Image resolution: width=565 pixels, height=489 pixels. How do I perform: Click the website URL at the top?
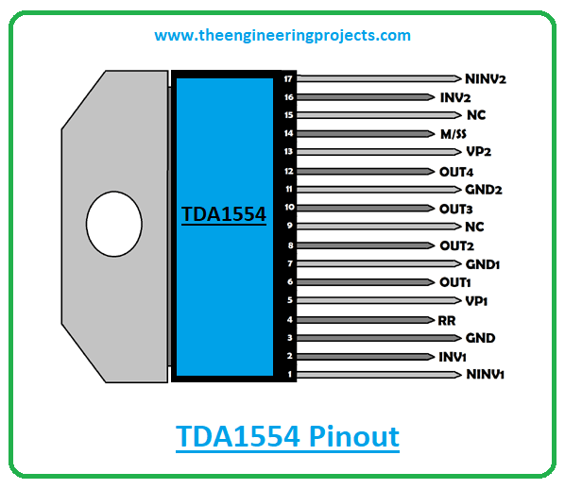click(x=282, y=36)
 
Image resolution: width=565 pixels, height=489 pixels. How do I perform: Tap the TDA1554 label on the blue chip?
click(x=224, y=214)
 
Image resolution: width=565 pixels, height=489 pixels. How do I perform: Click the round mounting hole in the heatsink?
click(x=114, y=224)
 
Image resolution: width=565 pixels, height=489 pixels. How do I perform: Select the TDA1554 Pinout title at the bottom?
click(x=287, y=436)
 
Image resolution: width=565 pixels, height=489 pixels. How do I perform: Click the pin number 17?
click(x=288, y=79)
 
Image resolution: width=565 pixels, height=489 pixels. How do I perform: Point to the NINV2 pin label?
click(x=486, y=79)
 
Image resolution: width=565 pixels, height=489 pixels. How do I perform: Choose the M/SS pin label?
click(x=454, y=134)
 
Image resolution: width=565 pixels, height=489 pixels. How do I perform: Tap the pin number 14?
click(x=288, y=133)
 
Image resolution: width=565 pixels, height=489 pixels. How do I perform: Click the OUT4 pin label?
click(x=456, y=172)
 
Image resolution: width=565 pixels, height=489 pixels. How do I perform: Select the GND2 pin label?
click(x=483, y=190)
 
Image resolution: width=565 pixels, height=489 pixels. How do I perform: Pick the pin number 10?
click(x=289, y=207)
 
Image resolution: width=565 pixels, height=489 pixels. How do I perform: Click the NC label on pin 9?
click(x=474, y=227)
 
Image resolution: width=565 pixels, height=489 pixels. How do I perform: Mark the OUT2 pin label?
click(x=456, y=246)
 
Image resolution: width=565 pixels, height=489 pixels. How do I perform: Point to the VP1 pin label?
click(x=476, y=301)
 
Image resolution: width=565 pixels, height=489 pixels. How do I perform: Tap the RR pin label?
click(x=447, y=320)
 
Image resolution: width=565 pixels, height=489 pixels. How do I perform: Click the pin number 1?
click(x=290, y=374)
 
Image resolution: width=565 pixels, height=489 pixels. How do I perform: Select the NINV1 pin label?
click(x=485, y=374)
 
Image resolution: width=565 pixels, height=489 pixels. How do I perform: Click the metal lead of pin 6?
click(x=366, y=282)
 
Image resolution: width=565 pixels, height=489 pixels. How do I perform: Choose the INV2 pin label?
click(x=455, y=97)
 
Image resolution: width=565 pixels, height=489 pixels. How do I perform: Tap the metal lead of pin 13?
click(x=379, y=152)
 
